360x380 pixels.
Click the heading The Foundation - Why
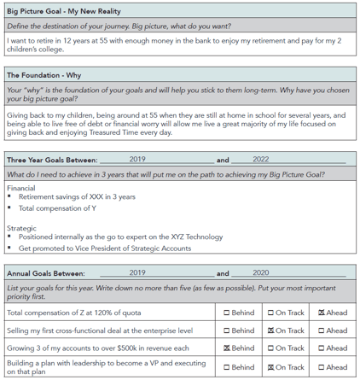(x=44, y=75)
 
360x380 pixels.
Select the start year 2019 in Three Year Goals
(x=137, y=159)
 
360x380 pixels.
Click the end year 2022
(x=260, y=159)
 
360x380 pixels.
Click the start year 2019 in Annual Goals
(x=137, y=273)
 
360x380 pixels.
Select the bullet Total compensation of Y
(x=57, y=208)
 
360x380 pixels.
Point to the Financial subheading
(x=21, y=187)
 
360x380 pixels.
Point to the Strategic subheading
(x=21, y=228)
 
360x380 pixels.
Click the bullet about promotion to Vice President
(x=104, y=248)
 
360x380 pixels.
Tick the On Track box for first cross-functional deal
(x=271, y=330)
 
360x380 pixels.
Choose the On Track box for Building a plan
(x=271, y=367)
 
